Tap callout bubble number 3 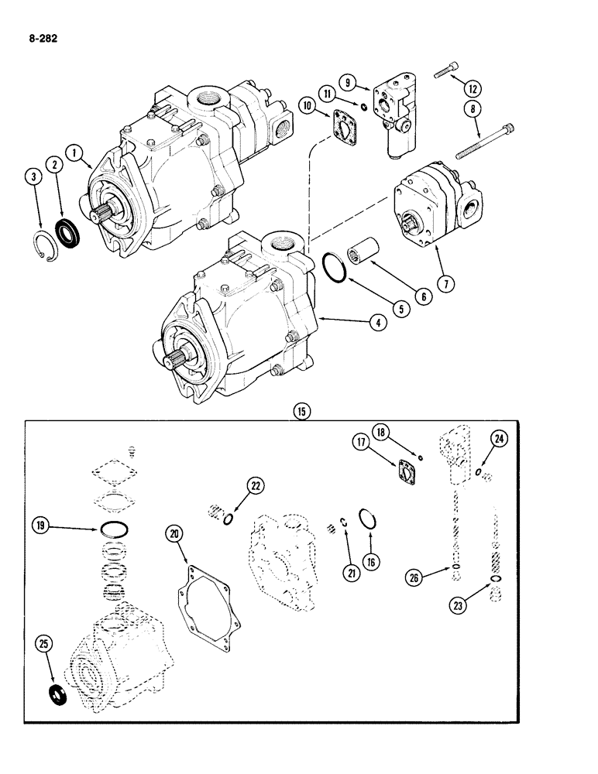(x=32, y=177)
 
